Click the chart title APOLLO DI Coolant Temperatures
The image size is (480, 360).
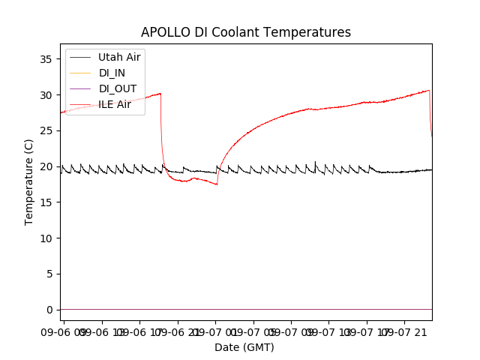pos(246,32)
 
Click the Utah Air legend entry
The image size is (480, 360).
pos(119,57)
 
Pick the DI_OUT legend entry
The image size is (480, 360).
pos(118,88)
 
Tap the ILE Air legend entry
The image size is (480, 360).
pos(115,104)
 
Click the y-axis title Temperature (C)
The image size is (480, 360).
pos(29,181)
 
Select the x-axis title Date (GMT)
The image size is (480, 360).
pos(244,347)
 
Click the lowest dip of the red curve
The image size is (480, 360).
pos(217,184)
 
